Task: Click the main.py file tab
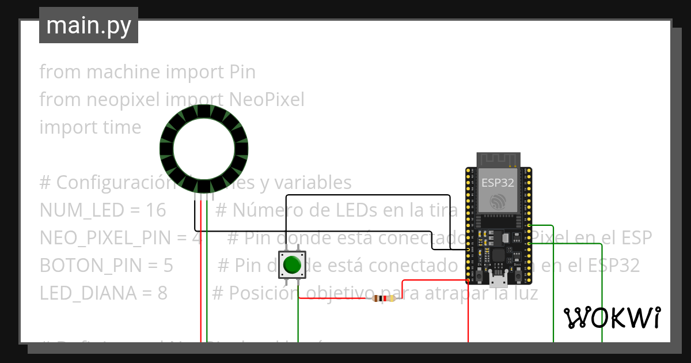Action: coord(88,25)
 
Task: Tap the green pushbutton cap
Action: coord(292,264)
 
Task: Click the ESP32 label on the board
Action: coord(498,183)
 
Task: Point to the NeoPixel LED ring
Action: coord(203,149)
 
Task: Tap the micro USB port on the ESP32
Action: coord(498,281)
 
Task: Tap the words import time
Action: coord(90,127)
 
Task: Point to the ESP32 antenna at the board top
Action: coord(498,159)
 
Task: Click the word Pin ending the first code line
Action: coord(242,72)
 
